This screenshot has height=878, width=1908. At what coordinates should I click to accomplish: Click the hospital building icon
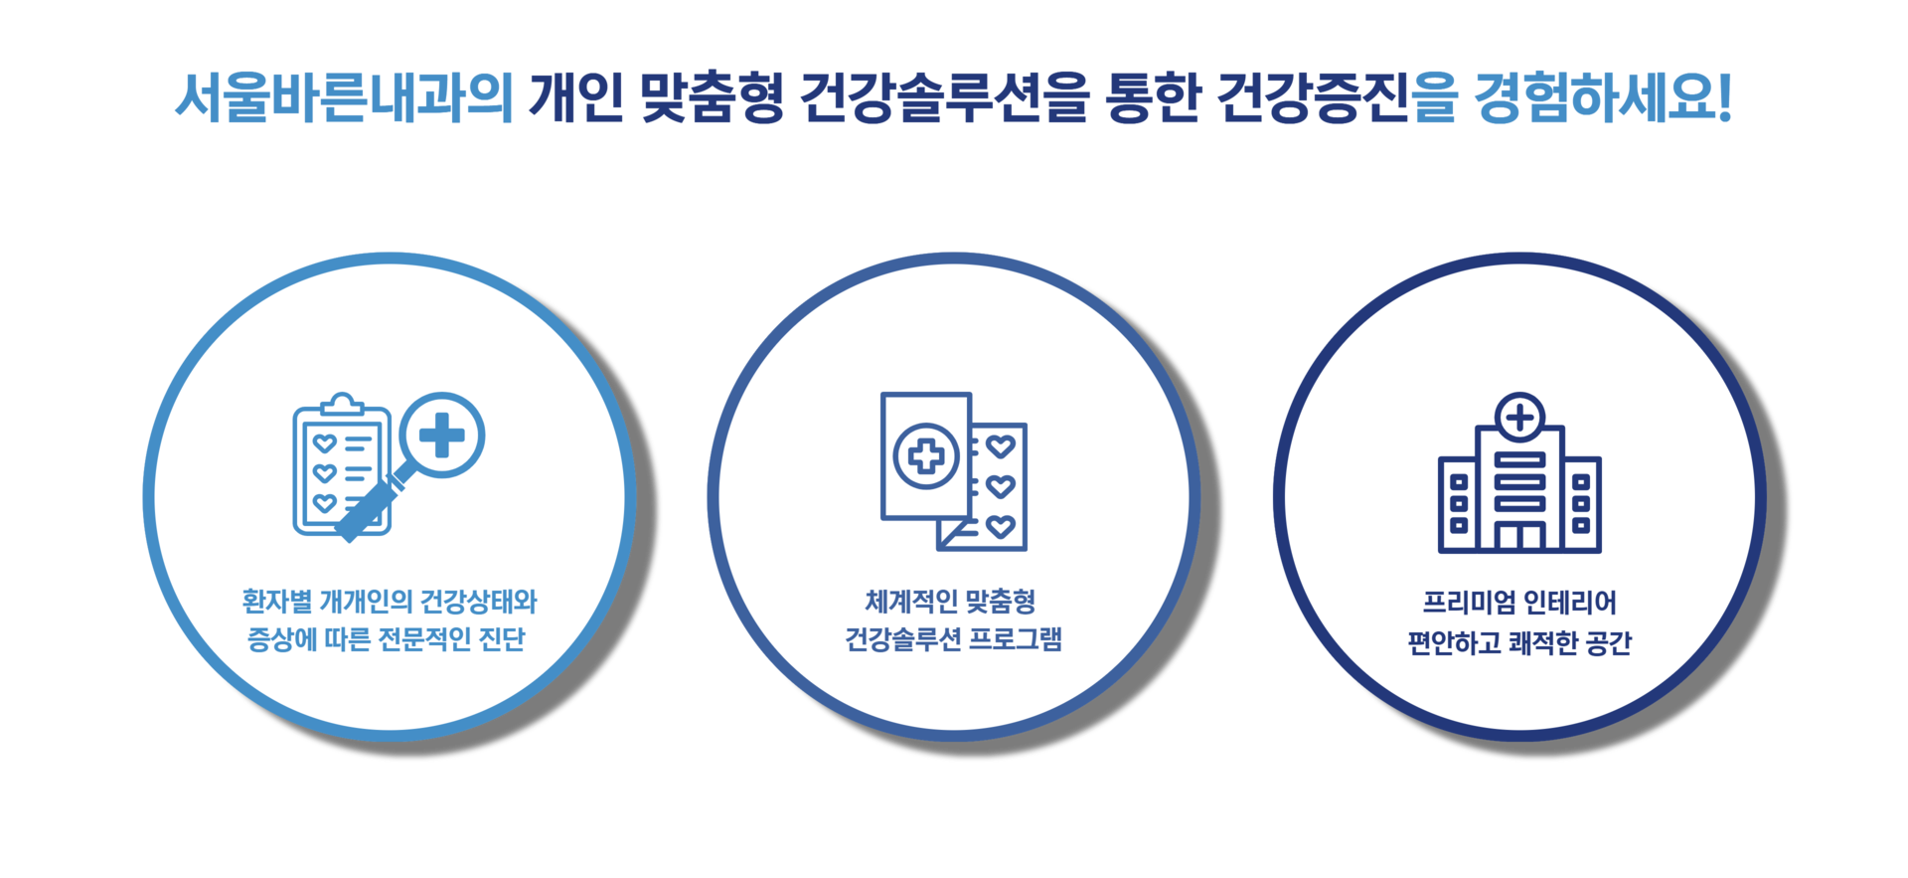point(1519,487)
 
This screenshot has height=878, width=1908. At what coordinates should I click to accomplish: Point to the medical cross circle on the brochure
point(926,456)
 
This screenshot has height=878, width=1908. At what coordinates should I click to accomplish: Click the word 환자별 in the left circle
point(277,603)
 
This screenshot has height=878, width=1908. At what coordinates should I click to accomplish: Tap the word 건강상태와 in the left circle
point(479,603)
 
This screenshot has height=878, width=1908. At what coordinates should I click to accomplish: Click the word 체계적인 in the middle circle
point(911,603)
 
